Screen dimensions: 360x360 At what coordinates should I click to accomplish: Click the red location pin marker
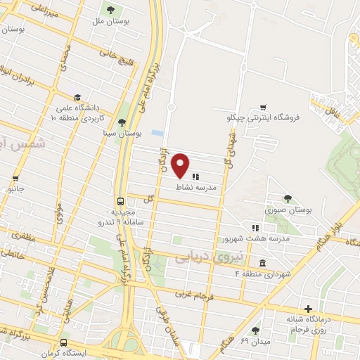tap(181, 165)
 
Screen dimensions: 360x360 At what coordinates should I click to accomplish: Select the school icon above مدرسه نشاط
tap(194, 176)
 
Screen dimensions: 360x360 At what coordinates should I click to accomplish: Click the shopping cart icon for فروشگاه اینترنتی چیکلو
tap(262, 108)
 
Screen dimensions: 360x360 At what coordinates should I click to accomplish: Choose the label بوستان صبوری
tap(288, 210)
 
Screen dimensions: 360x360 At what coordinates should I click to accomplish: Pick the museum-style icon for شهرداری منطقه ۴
tap(262, 263)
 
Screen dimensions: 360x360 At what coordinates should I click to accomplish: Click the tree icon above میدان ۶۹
tap(255, 330)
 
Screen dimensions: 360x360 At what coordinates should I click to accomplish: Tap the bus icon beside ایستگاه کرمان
tap(64, 344)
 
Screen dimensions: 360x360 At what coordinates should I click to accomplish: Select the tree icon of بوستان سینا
tap(122, 123)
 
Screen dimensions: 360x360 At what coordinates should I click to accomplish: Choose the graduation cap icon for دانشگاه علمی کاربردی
tap(77, 97)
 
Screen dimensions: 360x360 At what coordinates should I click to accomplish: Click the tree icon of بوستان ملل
tap(110, 10)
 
